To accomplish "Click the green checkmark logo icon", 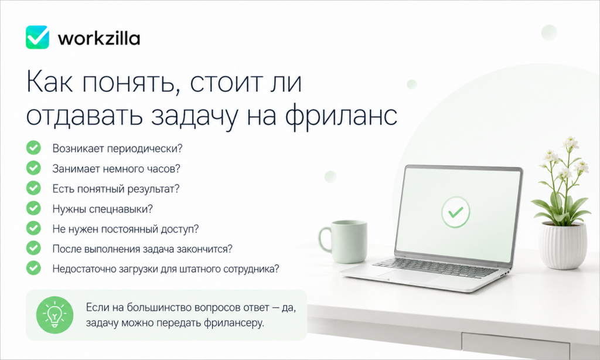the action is pyautogui.click(x=37, y=37).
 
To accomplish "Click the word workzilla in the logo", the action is pyautogui.click(x=98, y=38).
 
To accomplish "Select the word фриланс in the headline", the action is pyautogui.click(x=342, y=116).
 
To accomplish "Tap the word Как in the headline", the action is pyautogui.click(x=49, y=81).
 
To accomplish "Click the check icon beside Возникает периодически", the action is pyautogui.click(x=33, y=147).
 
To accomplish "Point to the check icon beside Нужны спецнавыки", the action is pyautogui.click(x=33, y=208).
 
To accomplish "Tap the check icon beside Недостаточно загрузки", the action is pyautogui.click(x=33, y=268).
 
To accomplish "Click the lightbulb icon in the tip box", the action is pyautogui.click(x=54, y=315).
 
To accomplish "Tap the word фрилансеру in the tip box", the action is pyautogui.click(x=234, y=323).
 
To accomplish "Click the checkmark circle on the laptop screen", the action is pyautogui.click(x=455, y=212).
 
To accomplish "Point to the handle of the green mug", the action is pyautogui.click(x=325, y=239).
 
